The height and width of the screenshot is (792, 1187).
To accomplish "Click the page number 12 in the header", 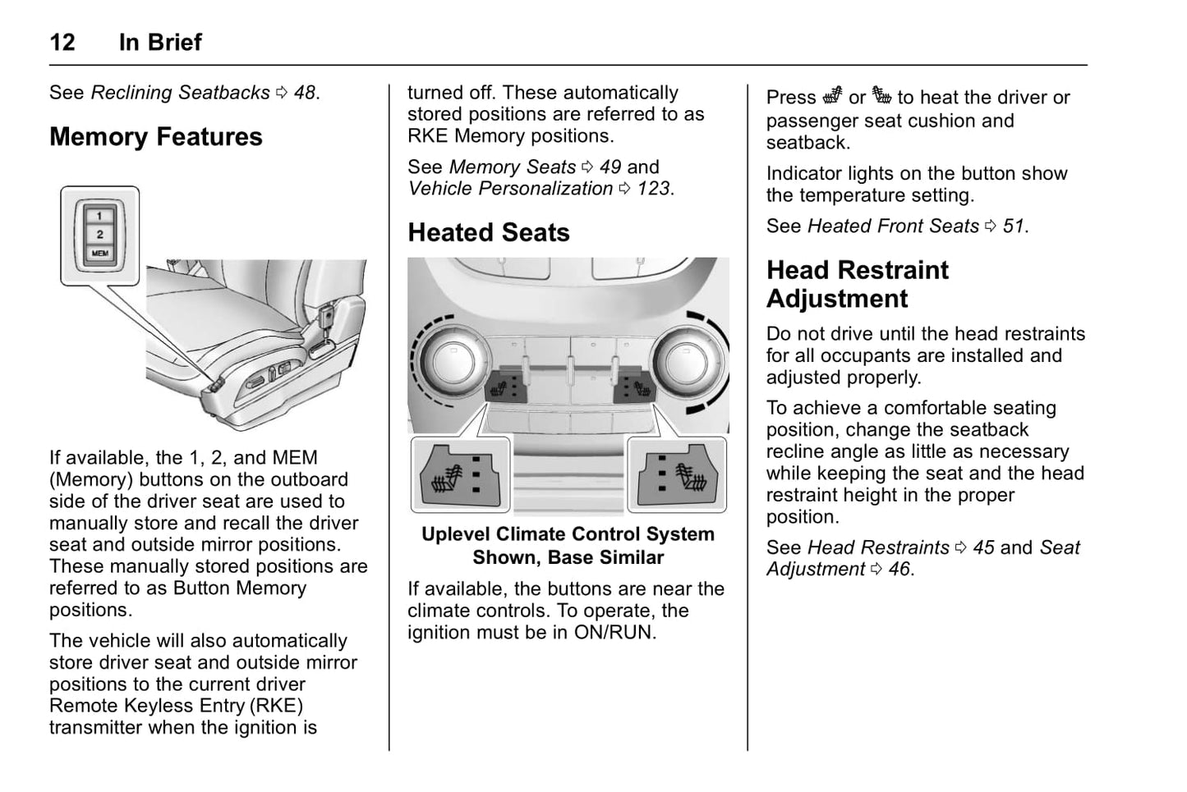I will point(62,42).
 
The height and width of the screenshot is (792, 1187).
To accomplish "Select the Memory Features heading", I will point(156,136).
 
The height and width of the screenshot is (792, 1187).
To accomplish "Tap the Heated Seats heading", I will point(489,232).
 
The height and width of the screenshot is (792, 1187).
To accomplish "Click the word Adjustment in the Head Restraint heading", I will point(837,299).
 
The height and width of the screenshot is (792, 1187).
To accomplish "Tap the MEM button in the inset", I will point(99,254).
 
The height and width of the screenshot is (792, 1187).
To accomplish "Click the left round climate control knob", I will point(450,359).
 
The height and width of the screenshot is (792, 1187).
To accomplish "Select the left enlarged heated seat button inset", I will point(459,475).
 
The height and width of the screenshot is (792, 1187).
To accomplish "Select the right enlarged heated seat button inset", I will point(677,475).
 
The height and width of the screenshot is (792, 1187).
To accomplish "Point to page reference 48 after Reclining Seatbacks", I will point(305,93).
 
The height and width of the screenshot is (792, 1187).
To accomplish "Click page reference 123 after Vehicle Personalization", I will point(654,189).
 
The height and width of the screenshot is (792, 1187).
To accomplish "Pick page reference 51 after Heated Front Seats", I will point(1014,226).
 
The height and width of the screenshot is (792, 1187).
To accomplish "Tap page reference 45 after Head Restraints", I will point(983,547).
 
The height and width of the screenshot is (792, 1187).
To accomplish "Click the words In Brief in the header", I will point(160,42).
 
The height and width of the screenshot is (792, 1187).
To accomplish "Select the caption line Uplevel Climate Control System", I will point(568,534).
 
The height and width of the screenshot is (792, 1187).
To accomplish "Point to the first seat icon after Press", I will point(832,96).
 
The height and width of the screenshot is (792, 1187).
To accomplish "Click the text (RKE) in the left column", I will point(276,706).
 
